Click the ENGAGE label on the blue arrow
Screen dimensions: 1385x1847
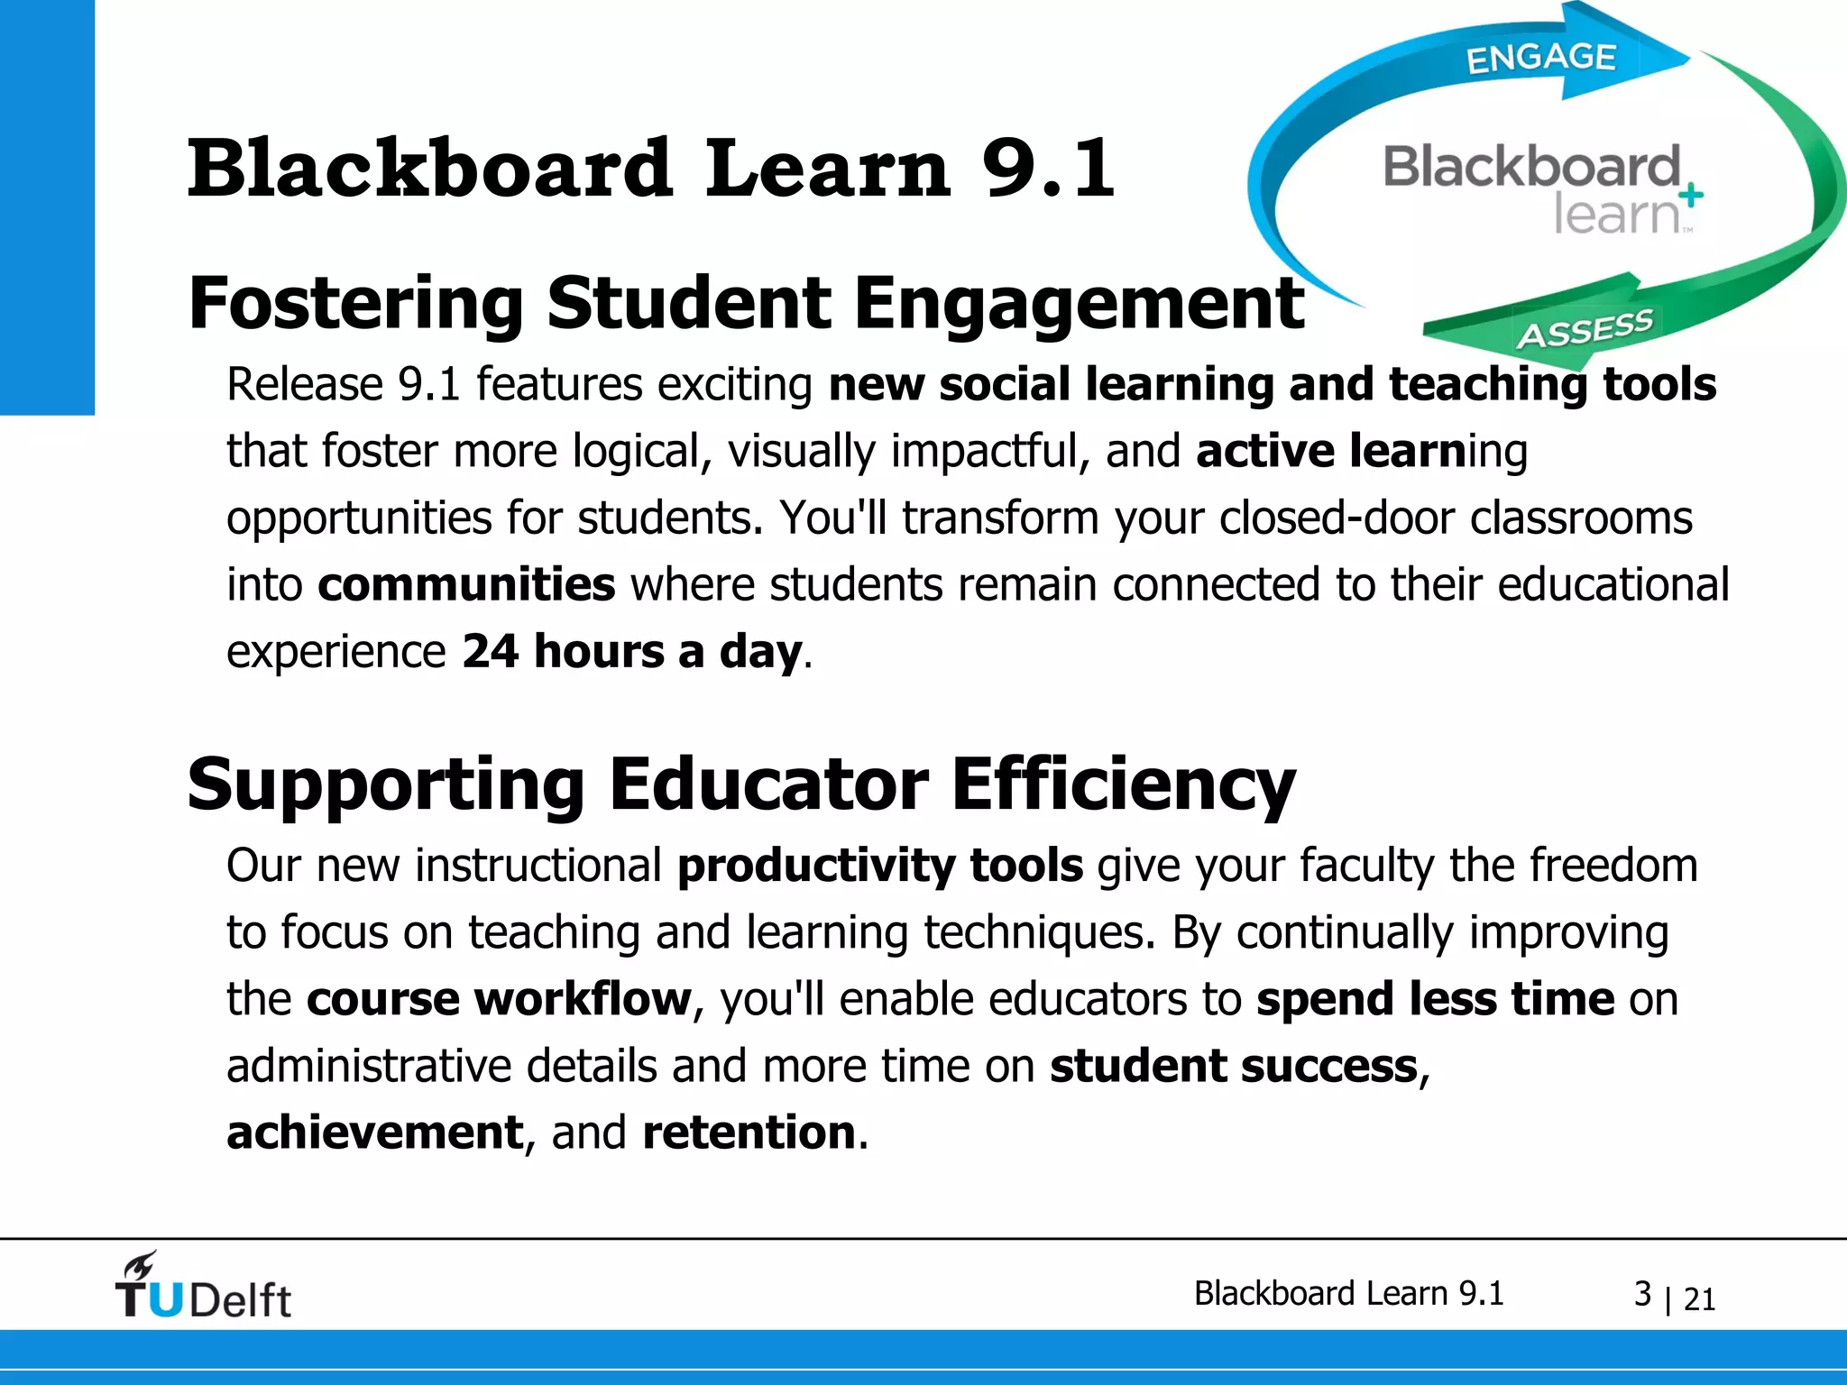tap(1540, 58)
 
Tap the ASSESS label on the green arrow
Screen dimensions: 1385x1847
tap(1585, 329)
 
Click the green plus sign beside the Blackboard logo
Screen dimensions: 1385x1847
tap(1692, 194)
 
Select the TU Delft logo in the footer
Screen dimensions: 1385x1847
tap(203, 1287)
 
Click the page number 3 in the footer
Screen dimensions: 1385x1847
tap(1642, 1294)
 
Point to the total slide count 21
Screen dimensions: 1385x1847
tap(1699, 1299)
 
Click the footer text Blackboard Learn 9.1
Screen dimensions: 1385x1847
tap(1348, 1293)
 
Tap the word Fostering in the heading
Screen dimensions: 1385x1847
tap(355, 305)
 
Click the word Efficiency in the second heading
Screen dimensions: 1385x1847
tap(1123, 784)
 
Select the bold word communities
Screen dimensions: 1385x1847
tap(466, 584)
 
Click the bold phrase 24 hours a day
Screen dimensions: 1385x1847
tap(631, 651)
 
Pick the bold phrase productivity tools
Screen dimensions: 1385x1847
tap(879, 866)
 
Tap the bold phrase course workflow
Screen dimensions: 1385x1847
tap(499, 999)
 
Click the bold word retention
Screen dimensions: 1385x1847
tap(749, 1133)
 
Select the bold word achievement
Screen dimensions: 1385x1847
tap(374, 1133)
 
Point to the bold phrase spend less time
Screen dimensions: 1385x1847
tap(1435, 999)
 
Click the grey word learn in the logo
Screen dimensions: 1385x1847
tap(1614, 215)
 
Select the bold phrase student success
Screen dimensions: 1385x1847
tap(1234, 1066)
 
